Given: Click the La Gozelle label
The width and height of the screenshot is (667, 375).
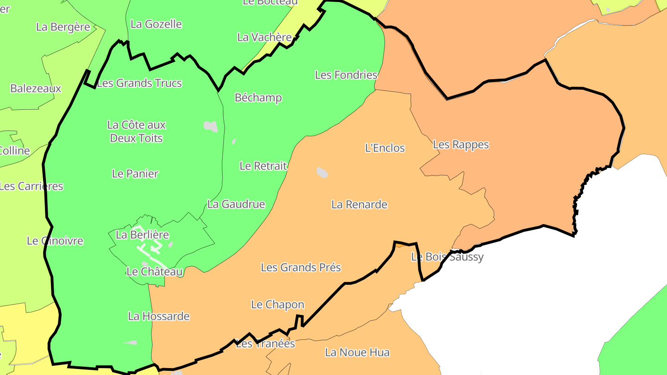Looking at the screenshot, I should pos(156,24).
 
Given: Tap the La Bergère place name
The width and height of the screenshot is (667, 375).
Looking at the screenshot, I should pos(63,27).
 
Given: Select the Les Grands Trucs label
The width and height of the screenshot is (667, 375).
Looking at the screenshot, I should pos(139,83).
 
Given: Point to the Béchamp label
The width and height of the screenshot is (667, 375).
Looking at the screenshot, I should pos(258,98).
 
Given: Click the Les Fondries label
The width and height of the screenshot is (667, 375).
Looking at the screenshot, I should pos(346,75).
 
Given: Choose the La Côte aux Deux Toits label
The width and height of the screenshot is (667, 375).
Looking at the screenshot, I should pos(136,131).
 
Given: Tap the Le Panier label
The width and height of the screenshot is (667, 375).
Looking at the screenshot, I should pos(135,174).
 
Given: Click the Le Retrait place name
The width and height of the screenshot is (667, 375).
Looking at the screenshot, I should pos(263,166).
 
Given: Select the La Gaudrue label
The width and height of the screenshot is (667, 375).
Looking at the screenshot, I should pos(236,204).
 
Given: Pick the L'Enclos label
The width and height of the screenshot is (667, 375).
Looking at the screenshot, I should pos(385,148).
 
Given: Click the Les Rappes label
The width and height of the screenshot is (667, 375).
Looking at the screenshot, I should pos(461,144).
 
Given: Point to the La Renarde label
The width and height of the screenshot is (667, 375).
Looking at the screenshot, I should pos(359,204).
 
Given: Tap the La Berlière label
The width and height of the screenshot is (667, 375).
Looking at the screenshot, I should pos(142,235).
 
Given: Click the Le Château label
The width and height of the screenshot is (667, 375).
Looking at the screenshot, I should pos(154,272).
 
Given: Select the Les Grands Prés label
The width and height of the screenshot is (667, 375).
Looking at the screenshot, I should pos(301,267).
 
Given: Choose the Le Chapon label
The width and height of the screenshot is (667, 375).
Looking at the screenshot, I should pos(277,305).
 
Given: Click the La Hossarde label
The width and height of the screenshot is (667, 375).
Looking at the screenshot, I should pos(159,316).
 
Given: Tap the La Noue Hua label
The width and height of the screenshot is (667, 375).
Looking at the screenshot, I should pos(357,352).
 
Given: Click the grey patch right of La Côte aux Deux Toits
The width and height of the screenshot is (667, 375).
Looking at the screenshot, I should pos(211,126).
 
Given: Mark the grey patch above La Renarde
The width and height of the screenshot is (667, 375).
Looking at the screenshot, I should pos(322,173).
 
